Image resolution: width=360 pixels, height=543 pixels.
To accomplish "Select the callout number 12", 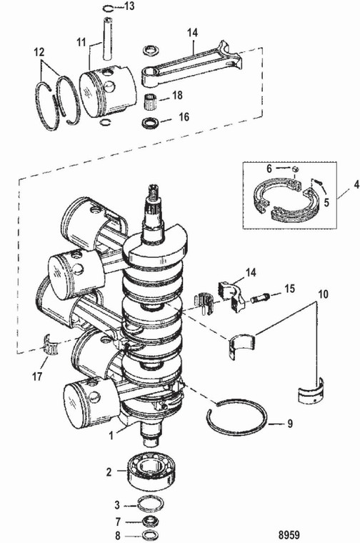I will [41, 52].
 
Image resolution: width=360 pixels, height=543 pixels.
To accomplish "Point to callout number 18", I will [178, 95].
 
